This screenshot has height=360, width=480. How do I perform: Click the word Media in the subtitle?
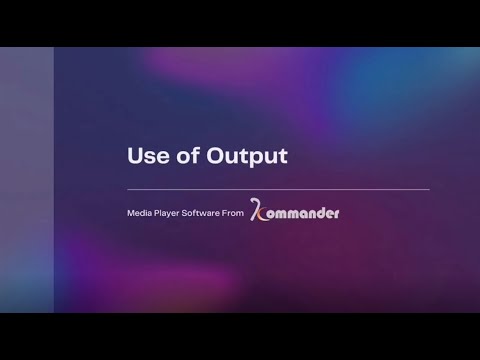pyautogui.click(x=141, y=214)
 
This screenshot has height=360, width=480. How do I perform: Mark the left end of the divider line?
pyautogui.click(x=128, y=189)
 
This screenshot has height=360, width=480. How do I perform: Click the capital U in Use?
pyautogui.click(x=135, y=156)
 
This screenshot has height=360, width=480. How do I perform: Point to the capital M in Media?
pyautogui.click(x=131, y=214)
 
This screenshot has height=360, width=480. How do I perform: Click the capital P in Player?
pyautogui.click(x=161, y=214)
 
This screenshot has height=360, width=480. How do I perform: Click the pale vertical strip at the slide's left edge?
pyautogui.click(x=26, y=180)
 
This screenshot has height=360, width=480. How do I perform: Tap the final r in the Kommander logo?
pyautogui.click(x=337, y=214)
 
